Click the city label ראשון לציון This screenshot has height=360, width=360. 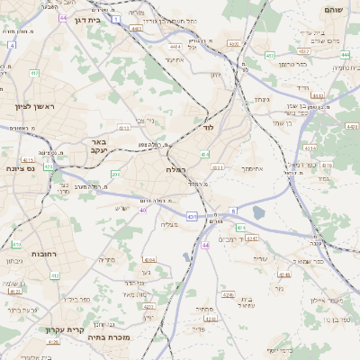tap(34, 107)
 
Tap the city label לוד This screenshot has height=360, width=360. tap(209, 130)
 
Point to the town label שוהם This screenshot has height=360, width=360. tap(332, 9)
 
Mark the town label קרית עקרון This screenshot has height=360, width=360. tap(67, 329)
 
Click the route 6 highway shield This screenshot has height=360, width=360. tap(233, 210)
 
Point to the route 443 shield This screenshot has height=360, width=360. tap(269, 56)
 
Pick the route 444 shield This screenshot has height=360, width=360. tap(346, 55)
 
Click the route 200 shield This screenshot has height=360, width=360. tap(115, 173)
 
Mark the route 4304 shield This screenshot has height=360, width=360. tap(149, 259)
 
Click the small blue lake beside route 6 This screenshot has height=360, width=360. tap(259, 212)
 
